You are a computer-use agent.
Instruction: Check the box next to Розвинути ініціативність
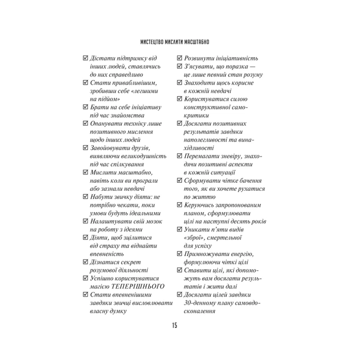pyautogui.click(x=179, y=58)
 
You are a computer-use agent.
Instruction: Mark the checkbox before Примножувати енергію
pyautogui.click(x=179, y=254)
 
